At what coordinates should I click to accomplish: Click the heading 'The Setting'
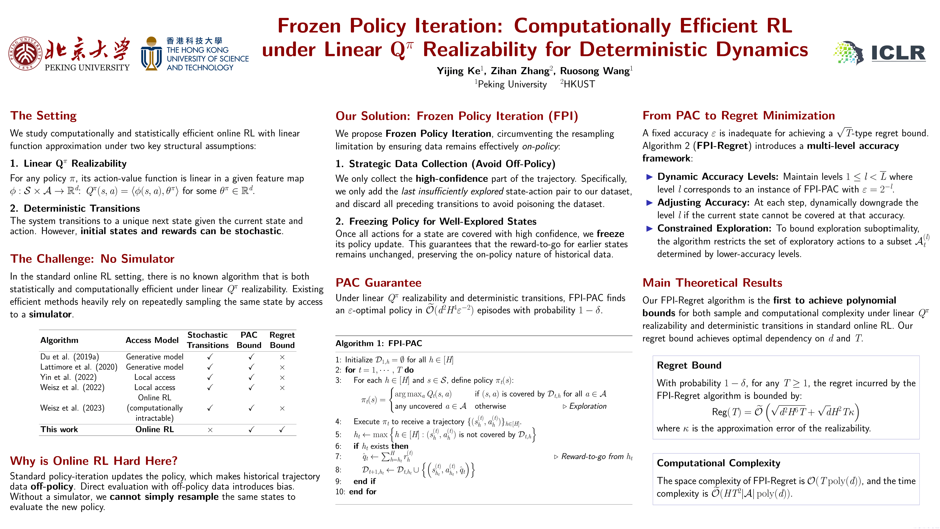pyautogui.click(x=44, y=116)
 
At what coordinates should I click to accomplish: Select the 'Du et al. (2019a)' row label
pyautogui.click(x=69, y=357)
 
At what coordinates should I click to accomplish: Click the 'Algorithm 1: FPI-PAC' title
pyautogui.click(x=379, y=343)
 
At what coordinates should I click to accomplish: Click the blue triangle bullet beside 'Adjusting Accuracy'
pyautogui.click(x=649, y=203)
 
